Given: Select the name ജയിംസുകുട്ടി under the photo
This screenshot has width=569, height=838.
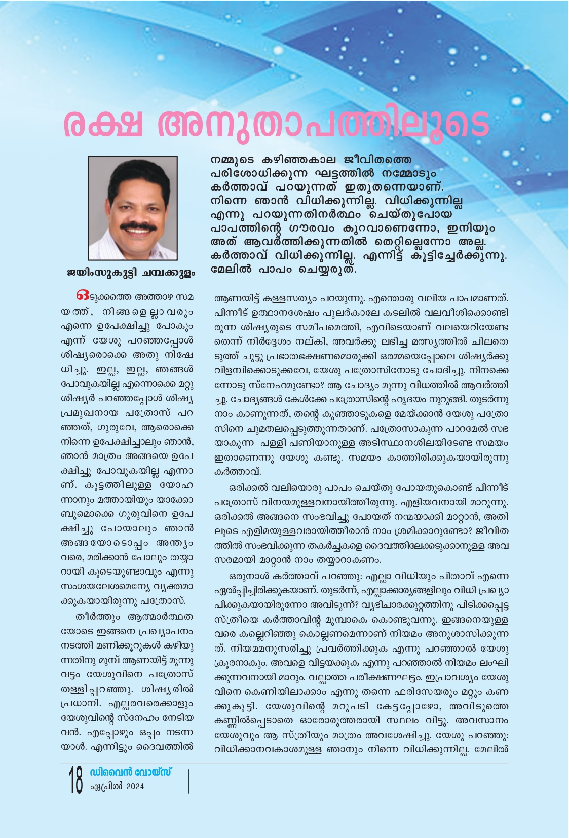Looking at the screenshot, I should (101, 273).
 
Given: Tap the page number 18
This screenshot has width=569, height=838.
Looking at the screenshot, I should (76, 780).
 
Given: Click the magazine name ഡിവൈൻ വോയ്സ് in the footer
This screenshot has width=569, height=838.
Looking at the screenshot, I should (131, 772).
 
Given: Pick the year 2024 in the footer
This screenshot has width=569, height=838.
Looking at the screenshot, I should (135, 787).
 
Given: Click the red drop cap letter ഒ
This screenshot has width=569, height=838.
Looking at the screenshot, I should (82, 295).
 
